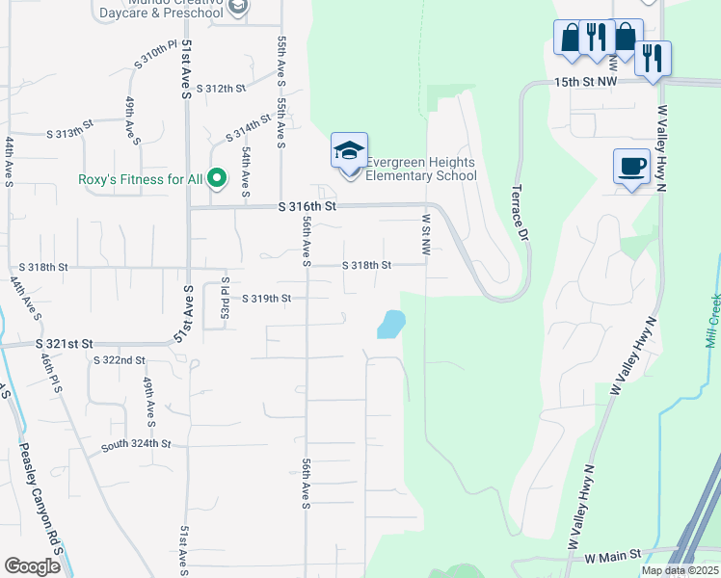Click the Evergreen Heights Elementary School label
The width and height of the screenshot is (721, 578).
point(421,169)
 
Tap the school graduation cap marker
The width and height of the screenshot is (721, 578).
point(349,150)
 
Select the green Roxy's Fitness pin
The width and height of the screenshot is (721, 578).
point(217,177)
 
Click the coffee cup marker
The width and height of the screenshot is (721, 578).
point(631,166)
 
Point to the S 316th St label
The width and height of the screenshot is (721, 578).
point(307,207)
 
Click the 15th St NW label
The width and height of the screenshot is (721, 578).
point(585,83)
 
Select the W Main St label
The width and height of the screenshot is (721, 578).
point(612,556)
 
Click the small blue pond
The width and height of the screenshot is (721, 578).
point(390,324)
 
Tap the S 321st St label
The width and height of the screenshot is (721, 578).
point(64,344)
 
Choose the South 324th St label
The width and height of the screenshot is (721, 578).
point(135,444)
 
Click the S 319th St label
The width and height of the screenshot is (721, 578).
point(266,299)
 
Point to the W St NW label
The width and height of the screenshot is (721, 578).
point(424,234)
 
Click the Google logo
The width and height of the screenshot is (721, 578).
point(32,566)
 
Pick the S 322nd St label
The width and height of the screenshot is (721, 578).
point(119,360)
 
